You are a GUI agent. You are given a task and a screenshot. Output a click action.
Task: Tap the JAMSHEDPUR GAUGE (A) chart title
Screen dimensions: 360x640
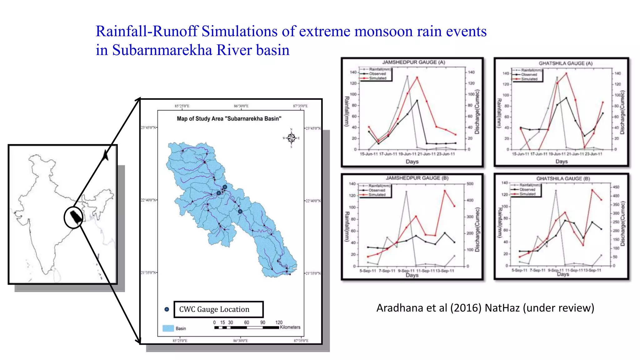pyautogui.click(x=413, y=62)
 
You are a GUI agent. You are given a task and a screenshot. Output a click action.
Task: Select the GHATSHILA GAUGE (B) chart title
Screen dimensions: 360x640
pyautogui.click(x=563, y=179)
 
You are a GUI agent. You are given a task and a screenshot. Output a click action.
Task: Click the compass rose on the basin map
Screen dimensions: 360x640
pyautogui.click(x=291, y=138)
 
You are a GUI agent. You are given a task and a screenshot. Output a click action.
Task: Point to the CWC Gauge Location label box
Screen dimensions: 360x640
pyautogui.click(x=218, y=309)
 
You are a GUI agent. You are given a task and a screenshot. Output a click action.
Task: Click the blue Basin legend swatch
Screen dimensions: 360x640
pyautogui.click(x=168, y=328)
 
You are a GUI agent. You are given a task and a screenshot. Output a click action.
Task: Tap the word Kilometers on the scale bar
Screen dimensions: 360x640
pyautogui.click(x=290, y=327)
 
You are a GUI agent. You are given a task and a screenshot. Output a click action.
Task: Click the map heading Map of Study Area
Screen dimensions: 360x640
pyautogui.click(x=229, y=119)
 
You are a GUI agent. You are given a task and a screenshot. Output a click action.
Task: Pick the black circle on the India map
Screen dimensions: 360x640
pyautogui.click(x=73, y=217)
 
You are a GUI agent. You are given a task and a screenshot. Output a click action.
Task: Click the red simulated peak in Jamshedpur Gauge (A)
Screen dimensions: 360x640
pyautogui.click(x=417, y=77)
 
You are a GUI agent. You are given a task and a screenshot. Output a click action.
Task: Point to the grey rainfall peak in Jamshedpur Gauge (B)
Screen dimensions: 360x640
pyautogui.click(x=406, y=192)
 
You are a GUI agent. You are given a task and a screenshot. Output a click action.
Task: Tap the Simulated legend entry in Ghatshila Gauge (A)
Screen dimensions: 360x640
pyautogui.click(x=529, y=79)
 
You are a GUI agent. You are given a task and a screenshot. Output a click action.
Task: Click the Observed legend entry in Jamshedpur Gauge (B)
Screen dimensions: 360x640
pyautogui.click(x=377, y=190)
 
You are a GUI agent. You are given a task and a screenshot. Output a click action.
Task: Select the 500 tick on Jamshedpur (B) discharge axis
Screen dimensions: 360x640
pyautogui.click(x=470, y=184)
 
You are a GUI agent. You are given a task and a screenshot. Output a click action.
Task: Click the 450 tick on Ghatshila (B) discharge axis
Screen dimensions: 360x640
pyautogui.click(x=616, y=187)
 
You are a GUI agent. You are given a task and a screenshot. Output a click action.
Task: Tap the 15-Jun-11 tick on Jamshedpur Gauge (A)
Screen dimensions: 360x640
pyautogui.click(x=369, y=154)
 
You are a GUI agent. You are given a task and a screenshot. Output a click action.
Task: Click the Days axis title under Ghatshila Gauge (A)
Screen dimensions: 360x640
pyautogui.click(x=561, y=162)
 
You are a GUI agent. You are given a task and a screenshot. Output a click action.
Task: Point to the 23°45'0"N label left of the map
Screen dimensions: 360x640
pyautogui.click(x=148, y=127)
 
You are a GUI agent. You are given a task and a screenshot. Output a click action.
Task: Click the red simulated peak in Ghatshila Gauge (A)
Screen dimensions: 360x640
pyautogui.click(x=566, y=73)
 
